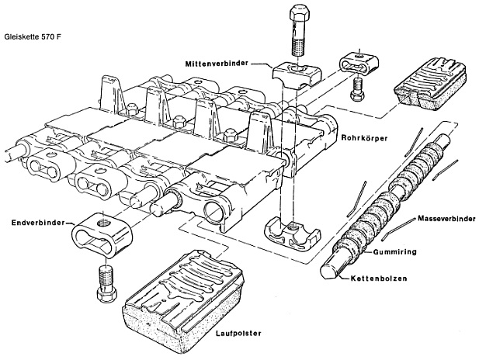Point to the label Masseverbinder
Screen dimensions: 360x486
click(x=448, y=219)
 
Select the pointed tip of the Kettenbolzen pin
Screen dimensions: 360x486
click(x=327, y=272)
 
